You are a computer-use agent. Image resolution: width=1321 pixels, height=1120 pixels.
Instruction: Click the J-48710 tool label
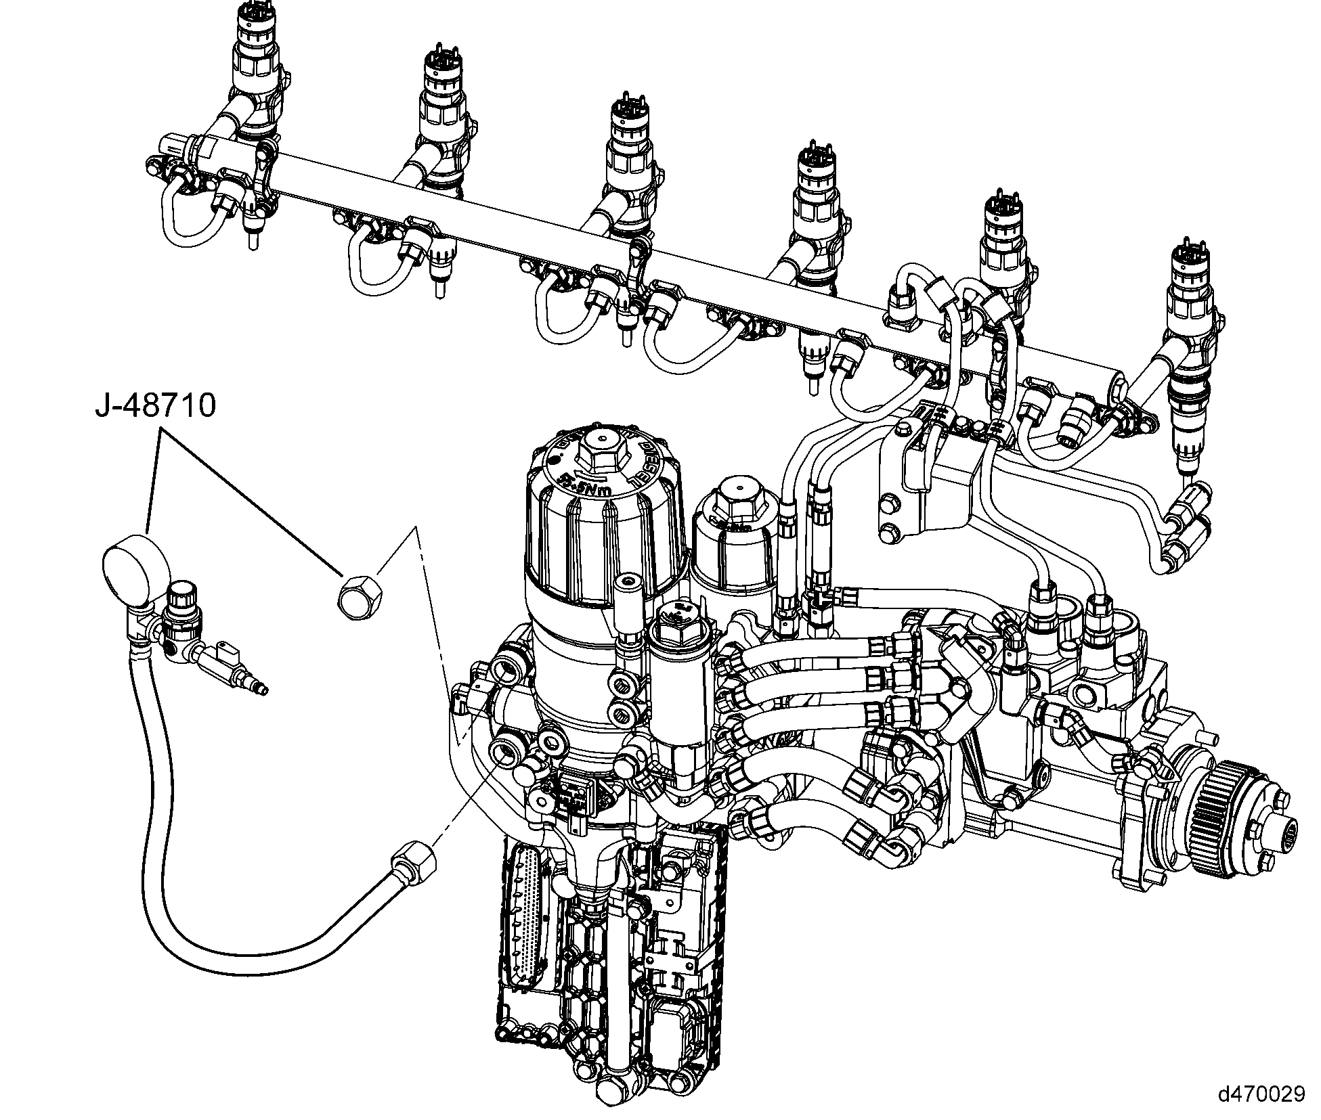coord(156,405)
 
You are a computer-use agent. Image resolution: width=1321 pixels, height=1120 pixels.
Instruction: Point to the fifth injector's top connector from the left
coord(1001,209)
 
